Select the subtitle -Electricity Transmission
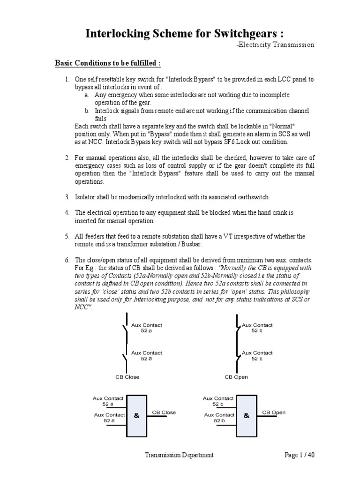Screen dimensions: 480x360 (x=275, y=45)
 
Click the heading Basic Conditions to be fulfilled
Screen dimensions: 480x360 (x=108, y=63)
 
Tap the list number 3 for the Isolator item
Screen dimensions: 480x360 (x=67, y=196)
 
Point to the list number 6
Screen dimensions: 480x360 (x=67, y=260)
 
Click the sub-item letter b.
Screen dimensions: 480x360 (x=87, y=111)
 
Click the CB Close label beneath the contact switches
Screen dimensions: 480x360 (x=127, y=377)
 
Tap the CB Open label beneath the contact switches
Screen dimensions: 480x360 (x=236, y=377)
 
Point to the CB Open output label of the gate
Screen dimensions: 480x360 (x=274, y=412)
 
